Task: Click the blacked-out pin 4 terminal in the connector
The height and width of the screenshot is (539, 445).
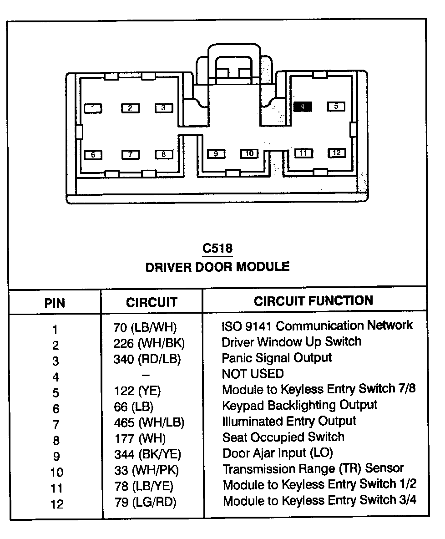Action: pos(303,107)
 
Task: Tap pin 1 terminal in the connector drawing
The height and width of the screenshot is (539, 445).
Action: pos(93,108)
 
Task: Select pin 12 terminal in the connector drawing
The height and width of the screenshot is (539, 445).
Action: pos(336,153)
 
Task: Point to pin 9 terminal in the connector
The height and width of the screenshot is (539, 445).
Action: pos(216,154)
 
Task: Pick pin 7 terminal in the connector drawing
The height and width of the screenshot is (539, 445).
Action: pos(130,155)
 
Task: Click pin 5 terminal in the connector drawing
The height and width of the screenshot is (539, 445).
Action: pos(336,107)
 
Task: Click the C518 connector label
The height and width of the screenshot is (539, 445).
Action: pos(217,249)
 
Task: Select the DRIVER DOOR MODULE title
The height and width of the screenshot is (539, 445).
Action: pos(217,267)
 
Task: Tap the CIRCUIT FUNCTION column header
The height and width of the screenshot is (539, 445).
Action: pos(314,301)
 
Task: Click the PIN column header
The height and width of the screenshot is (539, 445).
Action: pos(55,303)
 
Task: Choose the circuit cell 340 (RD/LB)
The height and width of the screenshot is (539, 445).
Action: pos(147,359)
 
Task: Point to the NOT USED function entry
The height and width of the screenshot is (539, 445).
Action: pos(253,374)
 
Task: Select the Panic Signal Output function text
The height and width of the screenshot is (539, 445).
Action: pos(277,358)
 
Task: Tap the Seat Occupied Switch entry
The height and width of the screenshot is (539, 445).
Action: pos(283,437)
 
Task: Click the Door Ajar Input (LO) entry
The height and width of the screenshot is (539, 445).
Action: pos(278,453)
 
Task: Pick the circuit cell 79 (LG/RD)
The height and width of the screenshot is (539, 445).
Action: pos(145,502)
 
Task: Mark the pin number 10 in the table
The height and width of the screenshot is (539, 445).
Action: pos(57,473)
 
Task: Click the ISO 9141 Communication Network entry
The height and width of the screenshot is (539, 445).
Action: pos(317,326)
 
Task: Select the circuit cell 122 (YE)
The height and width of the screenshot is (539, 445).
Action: pos(137,391)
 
